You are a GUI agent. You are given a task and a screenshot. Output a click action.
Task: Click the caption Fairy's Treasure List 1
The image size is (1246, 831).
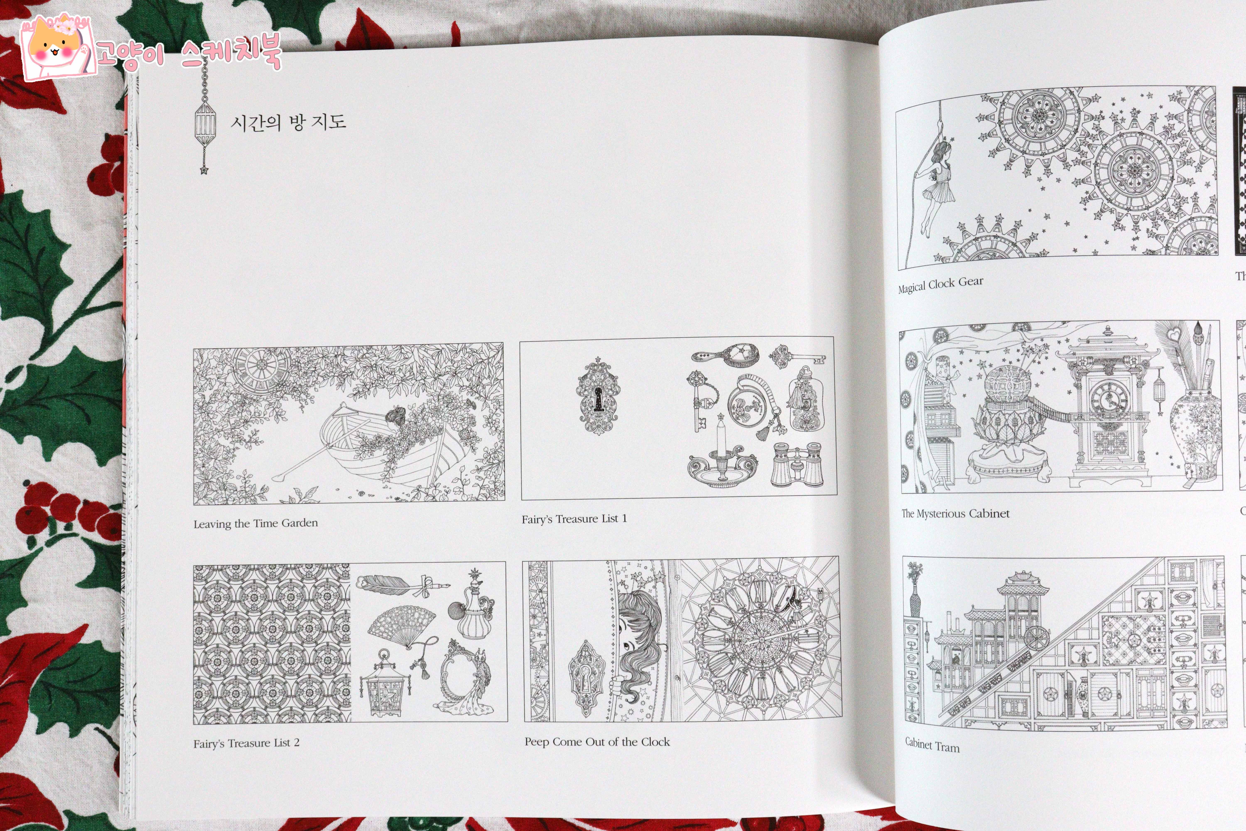click(x=574, y=519)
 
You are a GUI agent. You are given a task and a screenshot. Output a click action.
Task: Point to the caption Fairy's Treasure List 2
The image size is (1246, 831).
click(x=246, y=743)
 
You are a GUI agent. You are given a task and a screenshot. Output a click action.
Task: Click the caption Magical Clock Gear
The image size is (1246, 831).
click(x=940, y=285)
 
